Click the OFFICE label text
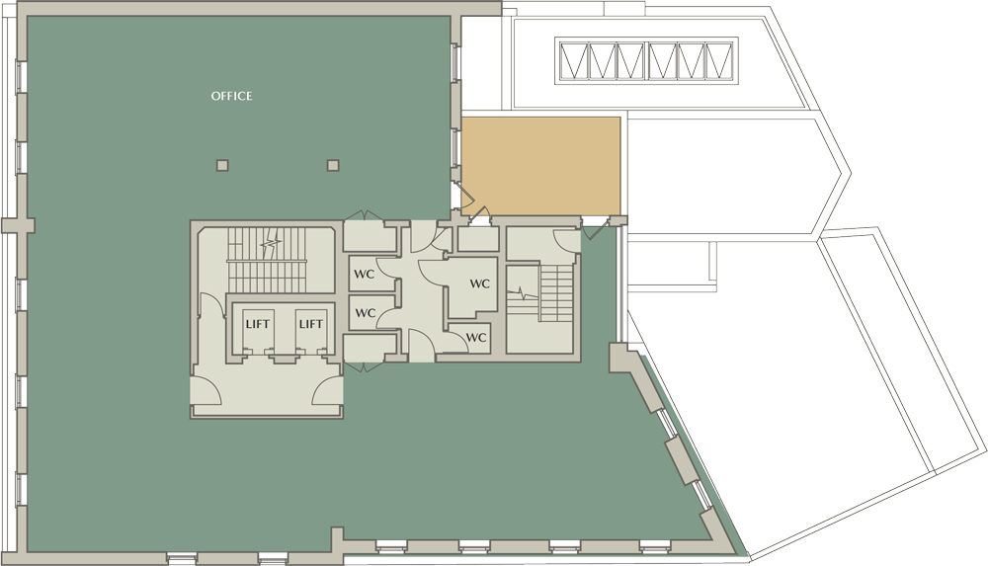(231, 96)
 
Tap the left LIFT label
(257, 324)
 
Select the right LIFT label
(310, 324)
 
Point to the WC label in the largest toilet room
(479, 283)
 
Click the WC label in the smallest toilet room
(476, 337)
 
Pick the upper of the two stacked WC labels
(365, 275)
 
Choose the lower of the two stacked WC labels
(365, 312)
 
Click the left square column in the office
(221, 165)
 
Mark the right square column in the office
(333, 165)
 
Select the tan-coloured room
(541, 166)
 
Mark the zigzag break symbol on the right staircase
(523, 293)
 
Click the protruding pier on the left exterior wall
(18, 225)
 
